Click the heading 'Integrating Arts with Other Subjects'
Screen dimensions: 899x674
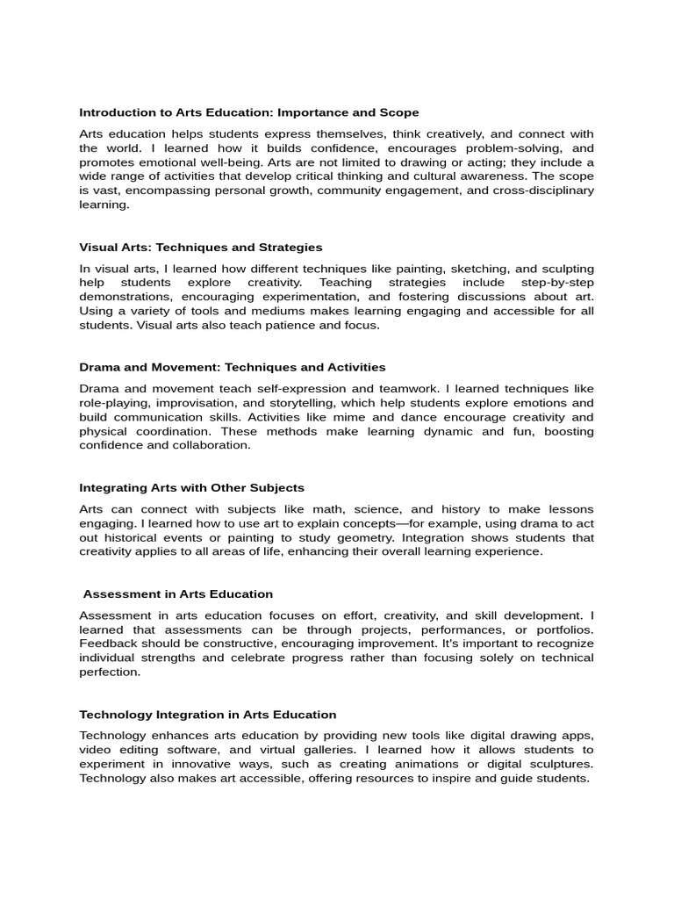[191, 487]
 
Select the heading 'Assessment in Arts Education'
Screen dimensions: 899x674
[178, 594]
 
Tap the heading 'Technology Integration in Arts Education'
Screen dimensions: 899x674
[208, 715]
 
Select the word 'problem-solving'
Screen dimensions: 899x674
[512, 148]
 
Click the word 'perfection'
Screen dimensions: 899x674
[109, 672]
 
